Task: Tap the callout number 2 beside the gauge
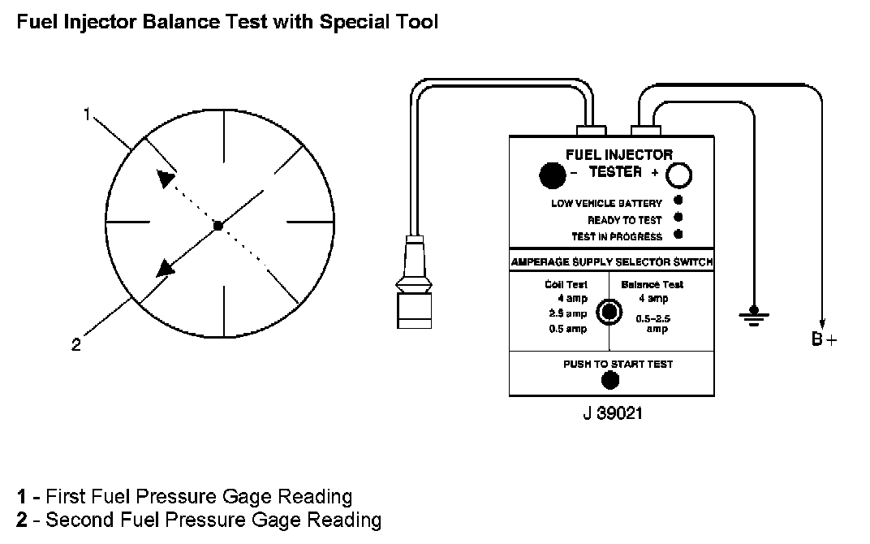[76, 344]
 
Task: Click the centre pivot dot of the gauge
[217, 226]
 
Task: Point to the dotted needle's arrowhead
[166, 179]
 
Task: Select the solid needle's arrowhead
[166, 267]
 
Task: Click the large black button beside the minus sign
[553, 174]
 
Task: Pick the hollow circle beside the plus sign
[678, 174]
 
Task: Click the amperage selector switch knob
[608, 312]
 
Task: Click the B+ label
[824, 340]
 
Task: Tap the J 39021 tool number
[613, 413]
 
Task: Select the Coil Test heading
[566, 284]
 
